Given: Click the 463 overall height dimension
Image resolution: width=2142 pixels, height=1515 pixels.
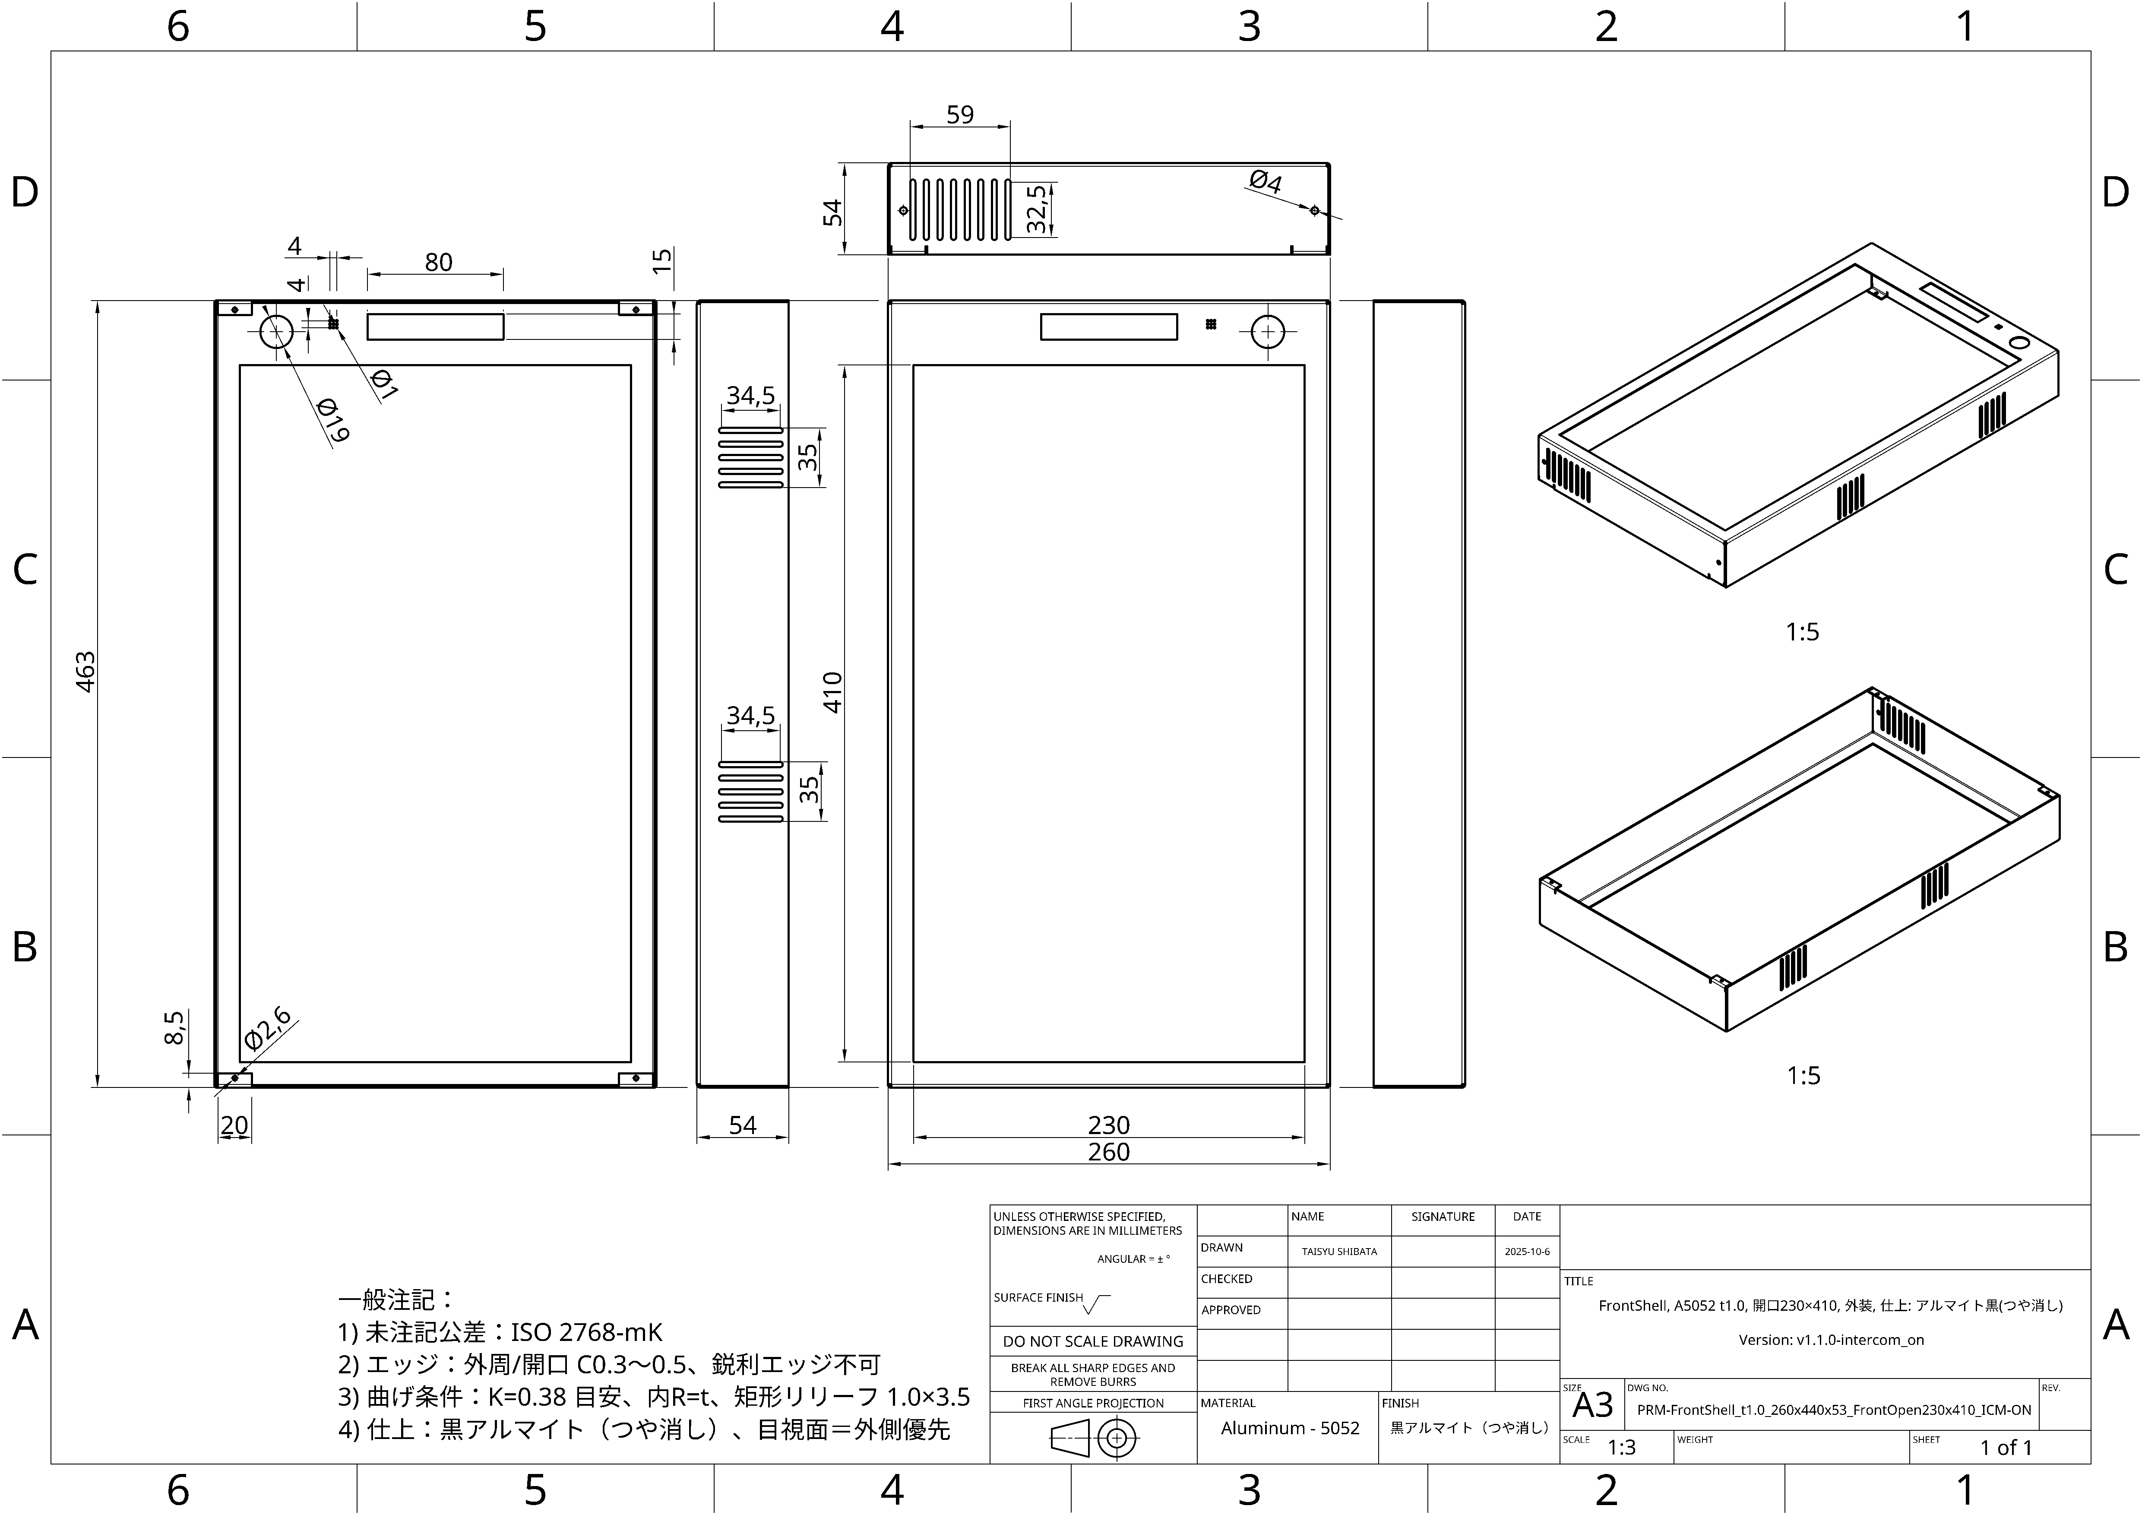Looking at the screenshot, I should pyautogui.click(x=85, y=672).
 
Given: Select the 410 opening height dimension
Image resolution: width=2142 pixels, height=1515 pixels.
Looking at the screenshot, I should pyautogui.click(x=832, y=692).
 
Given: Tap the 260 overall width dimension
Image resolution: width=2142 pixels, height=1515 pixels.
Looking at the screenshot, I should pyautogui.click(x=1108, y=1152).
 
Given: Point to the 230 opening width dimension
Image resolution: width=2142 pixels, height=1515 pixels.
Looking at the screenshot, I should pyautogui.click(x=1108, y=1125).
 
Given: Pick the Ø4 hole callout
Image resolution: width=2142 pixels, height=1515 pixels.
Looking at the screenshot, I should pyautogui.click(x=1265, y=181).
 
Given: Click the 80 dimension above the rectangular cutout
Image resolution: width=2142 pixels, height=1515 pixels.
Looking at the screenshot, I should pyautogui.click(x=439, y=262).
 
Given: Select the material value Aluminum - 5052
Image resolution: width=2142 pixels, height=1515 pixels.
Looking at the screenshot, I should pyautogui.click(x=1289, y=1428).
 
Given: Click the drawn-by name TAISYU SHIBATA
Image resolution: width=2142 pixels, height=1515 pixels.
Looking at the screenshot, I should pyautogui.click(x=1339, y=1252).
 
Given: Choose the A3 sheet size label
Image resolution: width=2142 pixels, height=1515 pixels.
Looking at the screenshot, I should pyautogui.click(x=1592, y=1405).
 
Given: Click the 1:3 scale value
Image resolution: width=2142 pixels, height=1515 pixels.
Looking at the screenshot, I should pyautogui.click(x=1621, y=1447).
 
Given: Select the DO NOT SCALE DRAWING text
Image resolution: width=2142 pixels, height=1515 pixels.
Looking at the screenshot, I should pyautogui.click(x=1092, y=1341).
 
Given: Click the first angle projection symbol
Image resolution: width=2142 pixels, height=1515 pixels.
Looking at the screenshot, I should pyautogui.click(x=1092, y=1439).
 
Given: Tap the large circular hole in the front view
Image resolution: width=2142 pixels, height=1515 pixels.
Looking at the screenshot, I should pyautogui.click(x=1267, y=331).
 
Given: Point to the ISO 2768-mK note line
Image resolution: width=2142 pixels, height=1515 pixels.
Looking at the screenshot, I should pyautogui.click(x=500, y=1332).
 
